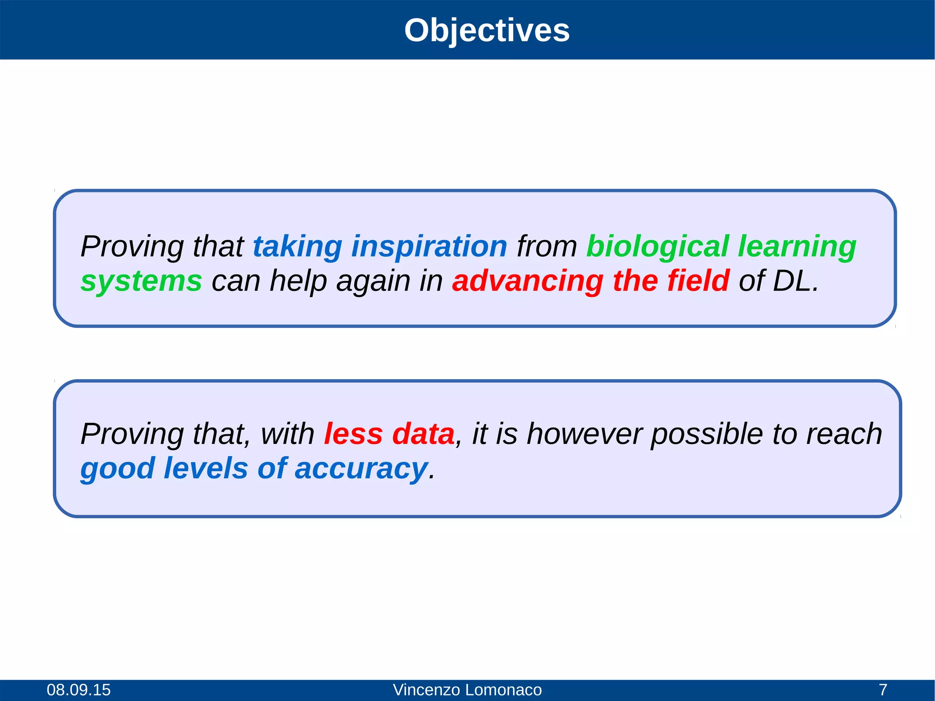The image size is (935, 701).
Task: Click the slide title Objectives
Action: (x=487, y=31)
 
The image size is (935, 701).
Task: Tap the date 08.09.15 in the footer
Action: (x=79, y=690)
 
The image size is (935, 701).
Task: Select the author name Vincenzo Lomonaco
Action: (x=467, y=690)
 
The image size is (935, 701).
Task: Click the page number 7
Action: (x=883, y=690)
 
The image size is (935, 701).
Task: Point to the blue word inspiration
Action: (x=429, y=247)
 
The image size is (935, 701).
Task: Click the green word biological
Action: (x=657, y=247)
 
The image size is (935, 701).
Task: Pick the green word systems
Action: (x=141, y=281)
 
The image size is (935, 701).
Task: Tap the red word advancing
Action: (x=528, y=281)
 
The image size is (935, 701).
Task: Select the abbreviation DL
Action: (x=795, y=281)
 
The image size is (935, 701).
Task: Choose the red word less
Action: (x=353, y=434)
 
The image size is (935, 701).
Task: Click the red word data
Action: (x=423, y=434)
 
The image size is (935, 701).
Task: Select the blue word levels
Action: (x=205, y=468)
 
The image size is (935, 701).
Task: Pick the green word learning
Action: (x=797, y=247)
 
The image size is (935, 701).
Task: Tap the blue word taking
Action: (x=297, y=247)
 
